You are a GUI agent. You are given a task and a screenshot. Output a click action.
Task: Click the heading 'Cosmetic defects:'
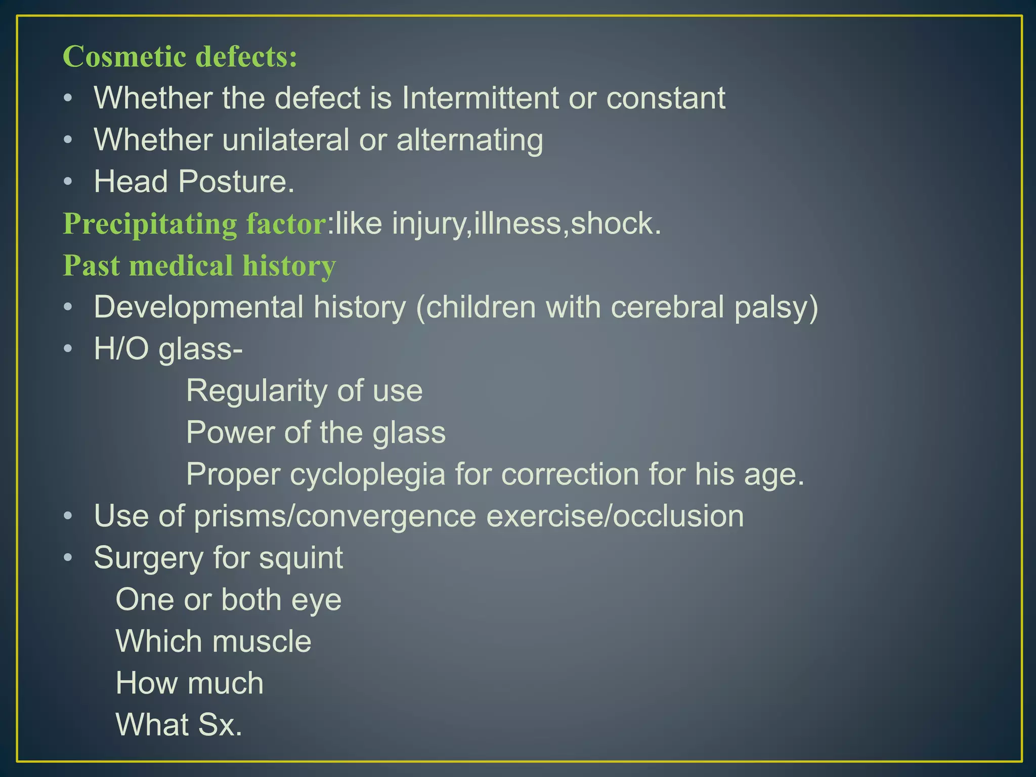(x=180, y=56)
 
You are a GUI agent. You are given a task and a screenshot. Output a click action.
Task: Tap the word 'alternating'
(x=470, y=140)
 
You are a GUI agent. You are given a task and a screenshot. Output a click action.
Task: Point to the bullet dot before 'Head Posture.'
(x=68, y=182)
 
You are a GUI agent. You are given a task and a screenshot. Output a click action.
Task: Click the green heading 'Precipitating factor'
(x=195, y=224)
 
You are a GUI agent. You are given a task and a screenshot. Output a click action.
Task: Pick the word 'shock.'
(x=616, y=224)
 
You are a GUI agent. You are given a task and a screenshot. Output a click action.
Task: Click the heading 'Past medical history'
(x=199, y=266)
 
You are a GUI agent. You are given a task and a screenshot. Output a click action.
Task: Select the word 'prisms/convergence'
(x=335, y=516)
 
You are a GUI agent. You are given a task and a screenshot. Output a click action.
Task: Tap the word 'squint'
(x=301, y=558)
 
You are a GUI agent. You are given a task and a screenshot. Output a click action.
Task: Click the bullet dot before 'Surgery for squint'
(x=68, y=558)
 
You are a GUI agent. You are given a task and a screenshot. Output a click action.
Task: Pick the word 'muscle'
(x=262, y=641)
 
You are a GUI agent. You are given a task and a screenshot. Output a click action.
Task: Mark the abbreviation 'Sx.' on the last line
(x=220, y=724)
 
